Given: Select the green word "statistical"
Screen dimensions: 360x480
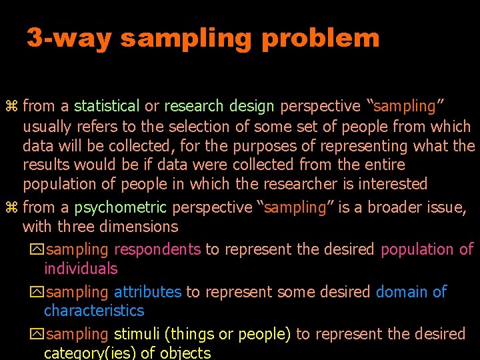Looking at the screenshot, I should (x=107, y=106).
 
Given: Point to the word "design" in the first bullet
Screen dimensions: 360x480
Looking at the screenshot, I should (x=251, y=106).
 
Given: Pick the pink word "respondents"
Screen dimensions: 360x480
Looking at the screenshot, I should (x=157, y=249).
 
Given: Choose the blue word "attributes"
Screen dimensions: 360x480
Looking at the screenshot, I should (x=147, y=292).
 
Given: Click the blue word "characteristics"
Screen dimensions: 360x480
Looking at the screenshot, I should (x=94, y=311).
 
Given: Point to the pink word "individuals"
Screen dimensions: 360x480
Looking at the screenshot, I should (x=81, y=269).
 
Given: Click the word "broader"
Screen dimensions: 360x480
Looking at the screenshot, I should (x=395, y=207).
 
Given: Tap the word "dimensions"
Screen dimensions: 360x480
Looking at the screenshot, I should (x=139, y=227).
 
